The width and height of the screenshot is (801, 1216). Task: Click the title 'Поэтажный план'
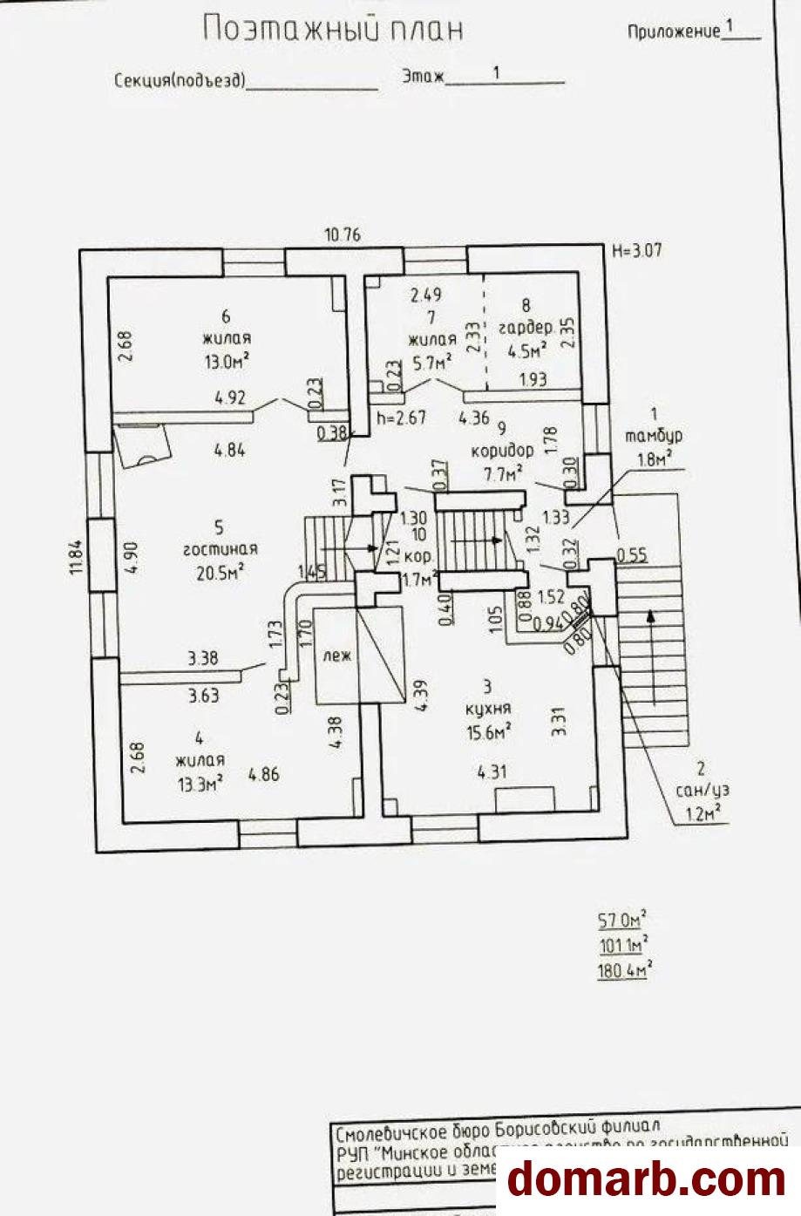332,29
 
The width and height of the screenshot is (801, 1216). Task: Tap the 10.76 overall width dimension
342,234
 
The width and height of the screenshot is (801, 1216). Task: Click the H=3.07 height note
637,251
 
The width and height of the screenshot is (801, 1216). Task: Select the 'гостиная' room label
220,549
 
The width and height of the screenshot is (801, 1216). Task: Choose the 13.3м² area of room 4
200,782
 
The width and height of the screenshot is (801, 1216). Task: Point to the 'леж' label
336,656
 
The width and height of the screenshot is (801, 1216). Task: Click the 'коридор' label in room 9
502,451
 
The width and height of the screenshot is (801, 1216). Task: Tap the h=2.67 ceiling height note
401,418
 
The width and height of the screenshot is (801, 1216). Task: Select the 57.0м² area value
621,920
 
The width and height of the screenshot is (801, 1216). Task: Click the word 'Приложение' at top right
674,32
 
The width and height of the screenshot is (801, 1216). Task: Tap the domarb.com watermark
647,1179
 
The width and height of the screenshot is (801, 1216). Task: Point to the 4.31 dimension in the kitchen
492,771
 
